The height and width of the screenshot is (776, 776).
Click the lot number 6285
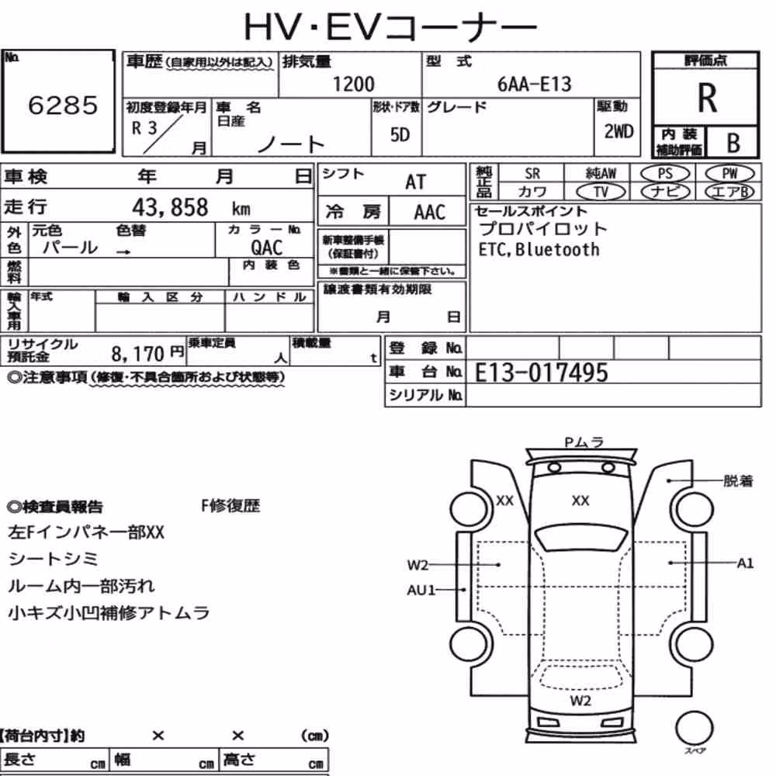(x=63, y=105)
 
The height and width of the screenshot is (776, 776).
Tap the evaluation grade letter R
(x=707, y=98)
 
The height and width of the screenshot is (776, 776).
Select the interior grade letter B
(x=733, y=143)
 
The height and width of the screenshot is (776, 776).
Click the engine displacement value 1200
(x=353, y=84)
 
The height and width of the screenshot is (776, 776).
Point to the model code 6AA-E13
(x=534, y=84)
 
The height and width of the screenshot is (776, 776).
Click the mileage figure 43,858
(x=170, y=207)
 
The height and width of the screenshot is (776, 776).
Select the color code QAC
(x=266, y=248)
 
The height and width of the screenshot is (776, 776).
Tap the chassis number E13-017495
(x=541, y=372)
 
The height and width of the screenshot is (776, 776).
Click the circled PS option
(x=665, y=173)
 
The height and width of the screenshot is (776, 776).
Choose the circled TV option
(x=601, y=192)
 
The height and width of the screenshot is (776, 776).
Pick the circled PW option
(x=729, y=173)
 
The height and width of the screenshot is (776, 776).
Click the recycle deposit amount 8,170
(x=137, y=354)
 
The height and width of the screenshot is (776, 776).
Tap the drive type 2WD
(x=618, y=131)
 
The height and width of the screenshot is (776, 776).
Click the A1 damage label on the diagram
(x=745, y=563)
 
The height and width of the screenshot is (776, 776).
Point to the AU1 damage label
(x=421, y=590)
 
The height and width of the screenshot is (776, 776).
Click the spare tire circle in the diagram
(x=695, y=728)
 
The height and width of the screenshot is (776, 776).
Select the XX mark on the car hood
(x=580, y=501)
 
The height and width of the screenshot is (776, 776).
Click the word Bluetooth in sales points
(x=557, y=249)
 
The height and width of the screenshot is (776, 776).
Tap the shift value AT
(x=415, y=182)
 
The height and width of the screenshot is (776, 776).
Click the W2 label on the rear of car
(x=580, y=700)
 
